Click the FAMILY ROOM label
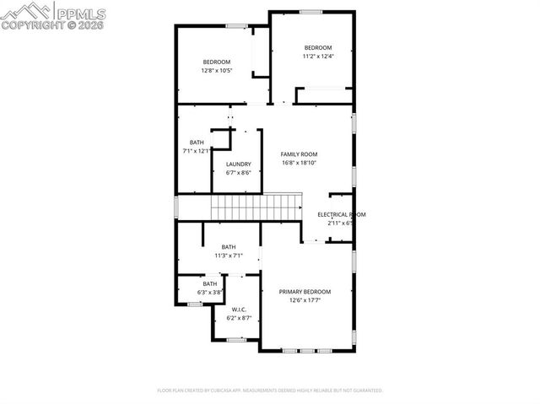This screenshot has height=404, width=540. pyautogui.click(x=299, y=154)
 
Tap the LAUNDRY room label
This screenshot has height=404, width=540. pyautogui.click(x=238, y=164)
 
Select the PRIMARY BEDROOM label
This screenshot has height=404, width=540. pyautogui.click(x=305, y=292)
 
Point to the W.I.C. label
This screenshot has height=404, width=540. pyautogui.click(x=238, y=310)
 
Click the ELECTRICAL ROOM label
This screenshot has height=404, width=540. pyautogui.click(x=341, y=215)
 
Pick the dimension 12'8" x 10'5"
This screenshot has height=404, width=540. pyautogui.click(x=217, y=71)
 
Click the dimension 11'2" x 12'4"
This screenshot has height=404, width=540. pyautogui.click(x=319, y=57)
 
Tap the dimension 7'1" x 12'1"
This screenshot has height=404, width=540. pyautogui.click(x=196, y=151)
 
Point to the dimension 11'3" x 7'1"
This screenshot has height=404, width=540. pyautogui.click(x=228, y=256)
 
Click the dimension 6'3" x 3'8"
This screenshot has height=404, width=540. pyautogui.click(x=209, y=293)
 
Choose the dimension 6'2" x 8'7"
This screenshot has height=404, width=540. pyautogui.click(x=238, y=319)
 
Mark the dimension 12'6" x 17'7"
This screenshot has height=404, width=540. pyautogui.click(x=305, y=300)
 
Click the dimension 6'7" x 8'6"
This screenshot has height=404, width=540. pyautogui.click(x=238, y=173)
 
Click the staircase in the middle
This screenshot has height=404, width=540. pyautogui.click(x=256, y=204)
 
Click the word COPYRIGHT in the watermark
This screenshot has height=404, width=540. pyautogui.click(x=27, y=25)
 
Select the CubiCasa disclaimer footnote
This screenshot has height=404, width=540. pyautogui.click(x=270, y=391)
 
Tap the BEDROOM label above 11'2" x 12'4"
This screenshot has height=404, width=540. pyautogui.click(x=319, y=47)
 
